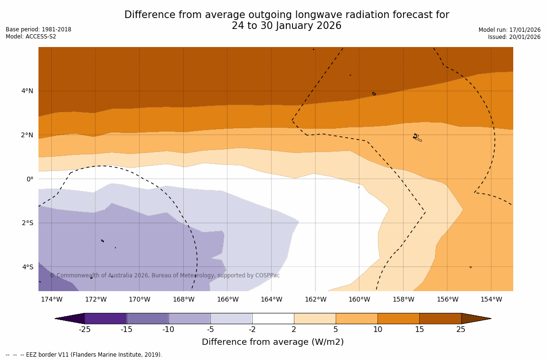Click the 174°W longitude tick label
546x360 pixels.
(51, 299)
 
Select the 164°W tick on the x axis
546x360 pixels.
(271, 299)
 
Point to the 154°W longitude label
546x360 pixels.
(491, 299)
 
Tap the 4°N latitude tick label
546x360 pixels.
(27, 91)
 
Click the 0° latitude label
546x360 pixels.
(30, 179)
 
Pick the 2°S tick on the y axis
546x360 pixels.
(27, 223)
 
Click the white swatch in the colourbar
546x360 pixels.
(273, 318)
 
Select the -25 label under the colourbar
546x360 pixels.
(85, 330)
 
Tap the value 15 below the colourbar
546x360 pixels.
(419, 330)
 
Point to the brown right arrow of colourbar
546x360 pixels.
(476, 318)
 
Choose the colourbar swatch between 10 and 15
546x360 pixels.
(398, 318)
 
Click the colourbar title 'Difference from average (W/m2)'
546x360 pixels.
(273, 342)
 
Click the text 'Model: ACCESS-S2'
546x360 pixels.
(31, 37)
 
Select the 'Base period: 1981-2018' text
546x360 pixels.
(38, 29)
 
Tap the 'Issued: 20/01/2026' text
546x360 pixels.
(514, 37)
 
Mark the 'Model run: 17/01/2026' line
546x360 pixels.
(509, 30)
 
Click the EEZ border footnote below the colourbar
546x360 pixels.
(84, 355)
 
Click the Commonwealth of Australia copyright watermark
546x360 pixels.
(165, 275)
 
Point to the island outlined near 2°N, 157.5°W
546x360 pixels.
(417, 138)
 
